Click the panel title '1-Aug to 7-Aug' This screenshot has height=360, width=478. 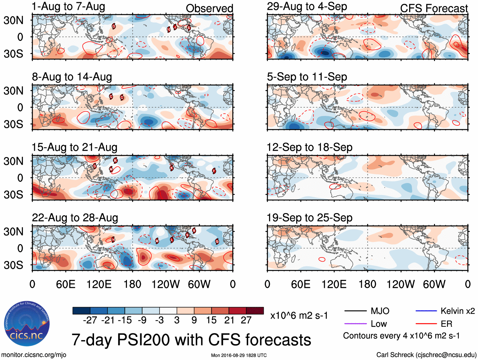(x=68, y=7)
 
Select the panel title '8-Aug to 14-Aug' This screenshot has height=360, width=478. (x=72, y=77)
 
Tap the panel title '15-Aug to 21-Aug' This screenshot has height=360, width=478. (x=74, y=148)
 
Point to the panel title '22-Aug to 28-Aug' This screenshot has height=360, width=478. (x=75, y=218)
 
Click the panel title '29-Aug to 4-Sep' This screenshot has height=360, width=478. (x=307, y=7)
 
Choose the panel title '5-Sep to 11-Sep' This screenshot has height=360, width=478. (x=307, y=77)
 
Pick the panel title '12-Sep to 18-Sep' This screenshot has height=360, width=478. (x=309, y=148)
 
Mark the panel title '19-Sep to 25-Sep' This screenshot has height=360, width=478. (x=309, y=218)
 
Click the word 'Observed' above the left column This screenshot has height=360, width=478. (x=209, y=9)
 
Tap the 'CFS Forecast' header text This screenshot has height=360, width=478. (x=434, y=9)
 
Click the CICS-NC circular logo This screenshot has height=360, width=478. (x=27, y=324)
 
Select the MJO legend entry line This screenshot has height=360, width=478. (x=355, y=311)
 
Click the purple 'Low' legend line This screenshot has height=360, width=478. (x=355, y=324)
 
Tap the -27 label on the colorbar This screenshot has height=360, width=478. (x=90, y=320)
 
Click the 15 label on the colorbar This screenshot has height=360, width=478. (x=211, y=320)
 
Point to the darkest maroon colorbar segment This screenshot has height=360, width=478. (x=255, y=311)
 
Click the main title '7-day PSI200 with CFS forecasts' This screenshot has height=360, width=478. (x=191, y=340)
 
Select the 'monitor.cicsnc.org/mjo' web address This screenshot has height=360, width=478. (x=34, y=355)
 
